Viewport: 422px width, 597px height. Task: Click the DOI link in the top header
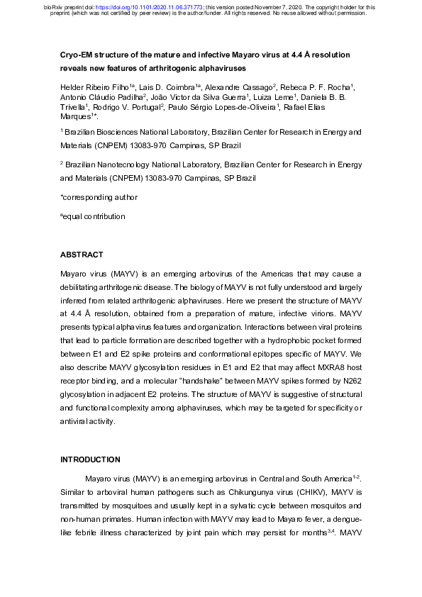[x=159, y=6]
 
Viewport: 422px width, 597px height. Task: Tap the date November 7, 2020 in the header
[x=287, y=6]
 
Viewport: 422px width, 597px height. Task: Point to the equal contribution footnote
[x=93, y=216]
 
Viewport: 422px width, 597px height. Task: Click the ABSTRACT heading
[x=82, y=255]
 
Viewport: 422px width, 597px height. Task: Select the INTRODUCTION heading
[x=91, y=459]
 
